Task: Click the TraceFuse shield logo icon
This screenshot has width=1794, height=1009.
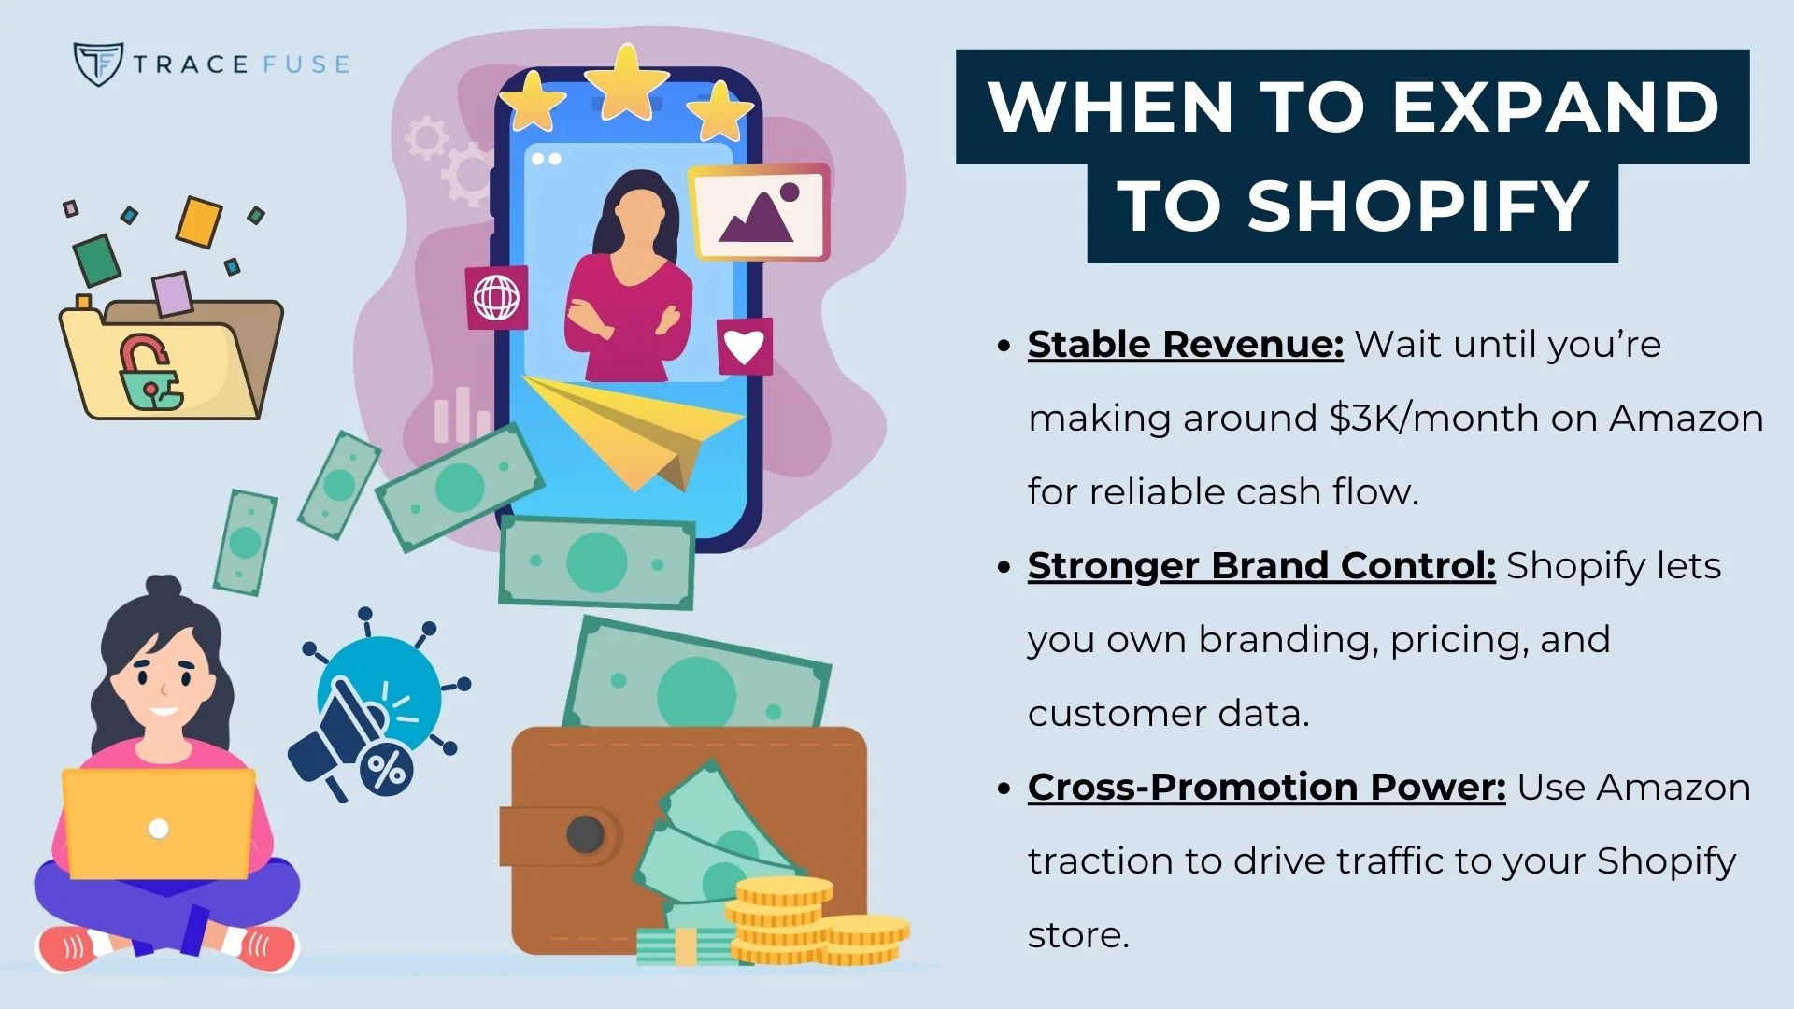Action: point(98,64)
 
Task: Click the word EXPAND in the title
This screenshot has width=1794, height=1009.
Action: point(1556,107)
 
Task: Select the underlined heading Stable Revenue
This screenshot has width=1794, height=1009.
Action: point(1185,344)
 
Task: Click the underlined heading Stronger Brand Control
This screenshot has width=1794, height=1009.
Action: point(1261,565)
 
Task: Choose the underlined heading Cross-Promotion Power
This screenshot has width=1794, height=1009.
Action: point(1266,787)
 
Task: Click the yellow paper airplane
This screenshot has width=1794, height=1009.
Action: point(635,430)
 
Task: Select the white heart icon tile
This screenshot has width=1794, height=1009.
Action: point(745,347)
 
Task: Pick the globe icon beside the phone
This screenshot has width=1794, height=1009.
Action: point(496,298)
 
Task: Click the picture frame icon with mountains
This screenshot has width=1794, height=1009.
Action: point(759,213)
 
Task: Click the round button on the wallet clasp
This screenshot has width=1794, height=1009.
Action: point(586,834)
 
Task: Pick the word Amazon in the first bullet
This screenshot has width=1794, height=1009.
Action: point(1686,418)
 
